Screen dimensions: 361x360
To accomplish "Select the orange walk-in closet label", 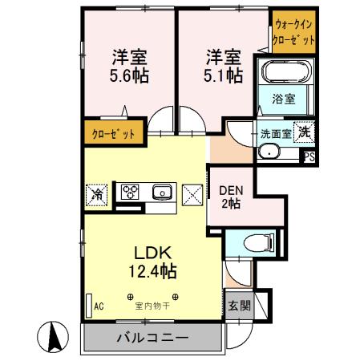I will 293,32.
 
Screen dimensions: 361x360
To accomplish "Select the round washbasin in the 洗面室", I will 270,152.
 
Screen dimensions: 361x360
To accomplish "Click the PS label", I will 309,158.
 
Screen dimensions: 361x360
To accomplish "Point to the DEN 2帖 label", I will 231,197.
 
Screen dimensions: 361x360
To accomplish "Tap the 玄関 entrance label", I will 238,305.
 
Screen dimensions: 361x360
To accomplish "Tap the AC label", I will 99,306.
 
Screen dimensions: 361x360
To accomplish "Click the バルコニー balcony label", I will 150,336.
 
